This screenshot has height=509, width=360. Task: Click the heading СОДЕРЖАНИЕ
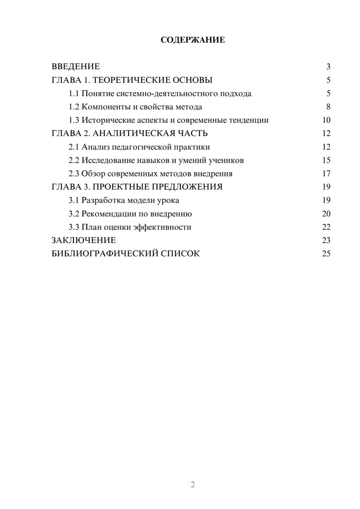[193, 40]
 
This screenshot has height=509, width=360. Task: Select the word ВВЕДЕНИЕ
[76, 67]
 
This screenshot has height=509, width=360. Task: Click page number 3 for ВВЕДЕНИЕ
[328, 67]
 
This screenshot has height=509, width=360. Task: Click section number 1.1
[74, 94]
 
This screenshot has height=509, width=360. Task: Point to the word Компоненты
[102, 107]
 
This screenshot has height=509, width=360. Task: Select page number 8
[328, 107]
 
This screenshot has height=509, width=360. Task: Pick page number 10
[326, 120]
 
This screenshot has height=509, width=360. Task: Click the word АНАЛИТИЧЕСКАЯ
[134, 134]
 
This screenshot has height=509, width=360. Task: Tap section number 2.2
[74, 161]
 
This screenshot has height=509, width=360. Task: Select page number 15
[326, 161]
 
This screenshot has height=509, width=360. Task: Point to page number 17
[326, 174]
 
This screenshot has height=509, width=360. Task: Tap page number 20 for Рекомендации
[326, 214]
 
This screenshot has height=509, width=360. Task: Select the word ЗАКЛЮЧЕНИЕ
[84, 240]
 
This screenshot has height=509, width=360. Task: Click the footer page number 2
[193, 485]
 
